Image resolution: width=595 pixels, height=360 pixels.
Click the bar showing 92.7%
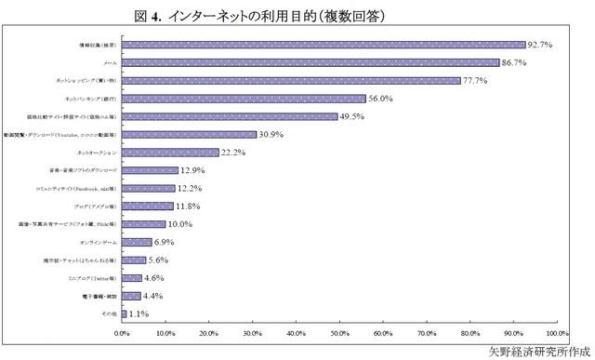[x=324, y=44]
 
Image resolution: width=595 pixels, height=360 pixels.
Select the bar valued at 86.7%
[x=311, y=62]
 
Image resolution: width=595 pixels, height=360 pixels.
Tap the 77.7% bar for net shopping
[x=291, y=80]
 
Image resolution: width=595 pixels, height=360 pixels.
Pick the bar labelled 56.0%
[x=244, y=99]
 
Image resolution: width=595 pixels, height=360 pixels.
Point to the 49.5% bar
[x=230, y=116]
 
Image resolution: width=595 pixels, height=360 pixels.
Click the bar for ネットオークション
[x=170, y=153]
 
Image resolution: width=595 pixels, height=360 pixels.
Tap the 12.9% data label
[x=194, y=171]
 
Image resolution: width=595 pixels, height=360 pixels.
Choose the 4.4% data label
[x=154, y=297]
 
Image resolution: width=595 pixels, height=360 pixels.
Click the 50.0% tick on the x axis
[x=339, y=331]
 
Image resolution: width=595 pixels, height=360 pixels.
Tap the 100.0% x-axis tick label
[x=556, y=331]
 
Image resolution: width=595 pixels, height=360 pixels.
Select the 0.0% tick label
[x=122, y=331]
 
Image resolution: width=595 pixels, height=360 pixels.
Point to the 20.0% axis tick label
[x=209, y=331]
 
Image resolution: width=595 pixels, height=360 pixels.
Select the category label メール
[x=109, y=62]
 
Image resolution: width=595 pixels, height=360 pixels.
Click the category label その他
[x=108, y=315]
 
